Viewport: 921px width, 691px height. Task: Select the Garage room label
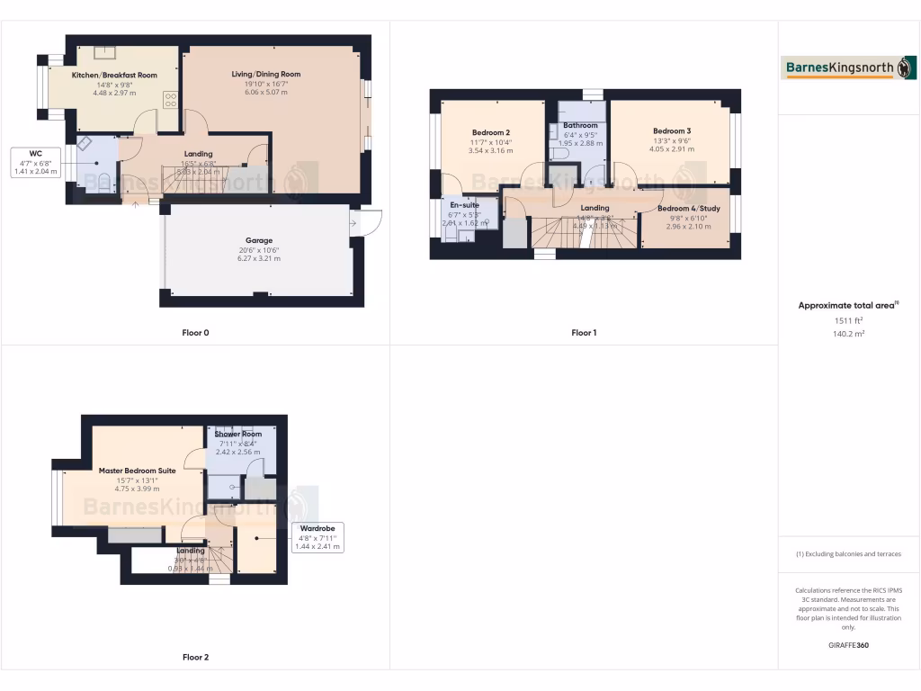click(x=260, y=241)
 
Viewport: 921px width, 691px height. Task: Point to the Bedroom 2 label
click(x=490, y=132)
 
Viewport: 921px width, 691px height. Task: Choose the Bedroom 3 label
click(x=672, y=131)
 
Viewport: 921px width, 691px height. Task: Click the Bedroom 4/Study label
click(x=688, y=209)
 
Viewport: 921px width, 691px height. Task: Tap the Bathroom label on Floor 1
click(x=580, y=125)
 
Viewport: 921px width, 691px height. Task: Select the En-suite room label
click(x=464, y=205)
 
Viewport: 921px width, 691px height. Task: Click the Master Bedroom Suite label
click(x=137, y=471)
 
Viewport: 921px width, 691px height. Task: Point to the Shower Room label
click(x=238, y=435)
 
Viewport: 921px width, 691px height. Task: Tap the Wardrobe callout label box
click(x=317, y=537)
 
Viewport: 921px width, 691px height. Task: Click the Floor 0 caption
click(x=195, y=333)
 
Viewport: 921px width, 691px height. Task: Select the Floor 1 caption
click(x=584, y=333)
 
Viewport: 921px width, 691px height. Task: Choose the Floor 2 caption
click(x=195, y=658)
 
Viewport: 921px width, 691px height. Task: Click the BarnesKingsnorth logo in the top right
click(x=849, y=67)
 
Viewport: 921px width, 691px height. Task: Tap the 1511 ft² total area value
click(x=848, y=319)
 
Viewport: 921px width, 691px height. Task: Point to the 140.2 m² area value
click(x=848, y=333)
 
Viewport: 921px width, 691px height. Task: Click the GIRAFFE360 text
click(x=848, y=645)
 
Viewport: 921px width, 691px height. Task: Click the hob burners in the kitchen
click(x=169, y=99)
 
